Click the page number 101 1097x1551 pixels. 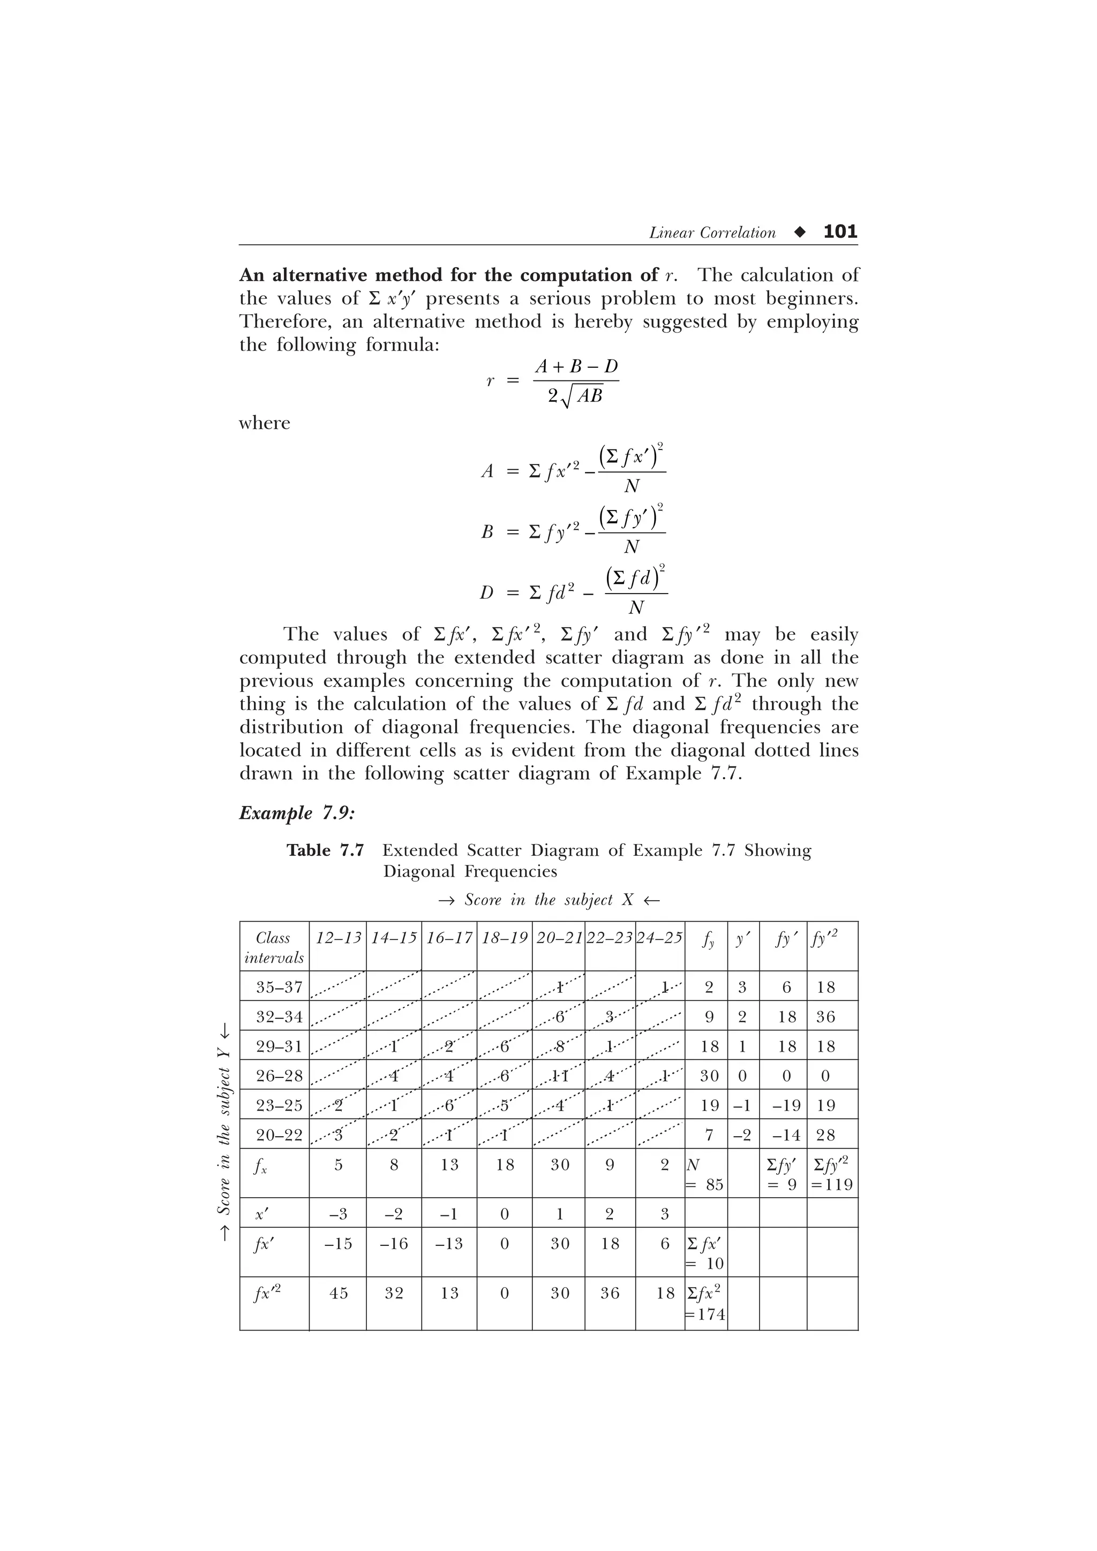coord(840,232)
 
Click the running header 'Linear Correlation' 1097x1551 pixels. coord(712,233)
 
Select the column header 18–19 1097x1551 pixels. coord(504,938)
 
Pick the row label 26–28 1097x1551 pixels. coord(279,1075)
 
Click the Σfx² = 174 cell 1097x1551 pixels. coord(705,1303)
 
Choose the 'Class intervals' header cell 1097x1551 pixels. coord(274,947)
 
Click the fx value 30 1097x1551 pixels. coord(560,1165)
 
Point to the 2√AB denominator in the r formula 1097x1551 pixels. coord(575,397)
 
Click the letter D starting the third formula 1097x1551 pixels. coord(486,593)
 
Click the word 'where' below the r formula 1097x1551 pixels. coord(264,423)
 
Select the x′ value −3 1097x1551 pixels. coord(338,1214)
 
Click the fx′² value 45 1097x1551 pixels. coord(338,1293)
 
